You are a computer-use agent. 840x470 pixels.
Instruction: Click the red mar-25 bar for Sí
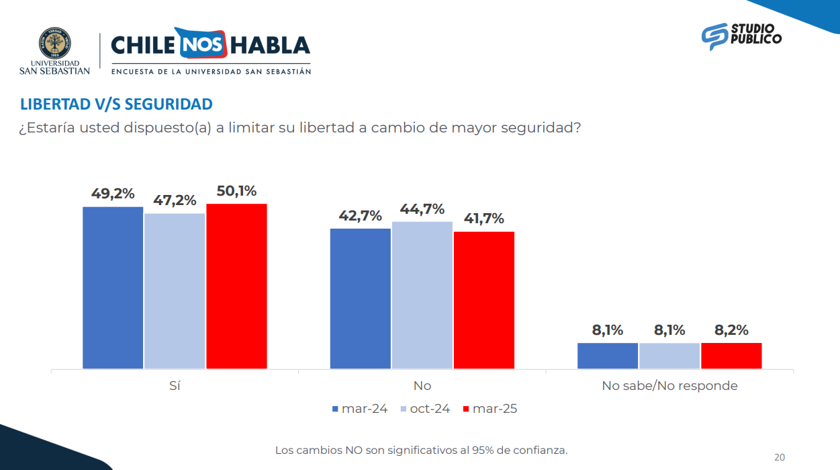236,286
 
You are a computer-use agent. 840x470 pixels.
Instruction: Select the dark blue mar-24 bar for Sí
113,288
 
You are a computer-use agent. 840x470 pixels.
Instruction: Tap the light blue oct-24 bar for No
422,295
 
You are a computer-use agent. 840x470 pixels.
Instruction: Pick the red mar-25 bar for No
484,300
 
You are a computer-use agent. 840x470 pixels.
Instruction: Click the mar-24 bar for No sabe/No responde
608,356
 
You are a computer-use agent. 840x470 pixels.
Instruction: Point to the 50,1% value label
236,191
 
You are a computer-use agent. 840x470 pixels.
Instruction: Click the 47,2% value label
175,200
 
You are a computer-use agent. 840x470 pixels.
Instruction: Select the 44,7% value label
422,208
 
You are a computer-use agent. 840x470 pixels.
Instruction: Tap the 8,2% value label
731,330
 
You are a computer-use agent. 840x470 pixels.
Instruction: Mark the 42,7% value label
361,216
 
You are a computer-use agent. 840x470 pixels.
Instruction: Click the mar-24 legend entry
360,409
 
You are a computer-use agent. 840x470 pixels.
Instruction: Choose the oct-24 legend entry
425,409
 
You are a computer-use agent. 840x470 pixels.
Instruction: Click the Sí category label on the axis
175,386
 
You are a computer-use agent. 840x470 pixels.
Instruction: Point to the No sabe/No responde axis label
669,386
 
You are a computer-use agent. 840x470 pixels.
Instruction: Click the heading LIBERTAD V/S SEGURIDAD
116,104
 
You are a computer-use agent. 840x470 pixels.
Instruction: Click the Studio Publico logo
741,36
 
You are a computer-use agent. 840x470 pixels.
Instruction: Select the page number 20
780,457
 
